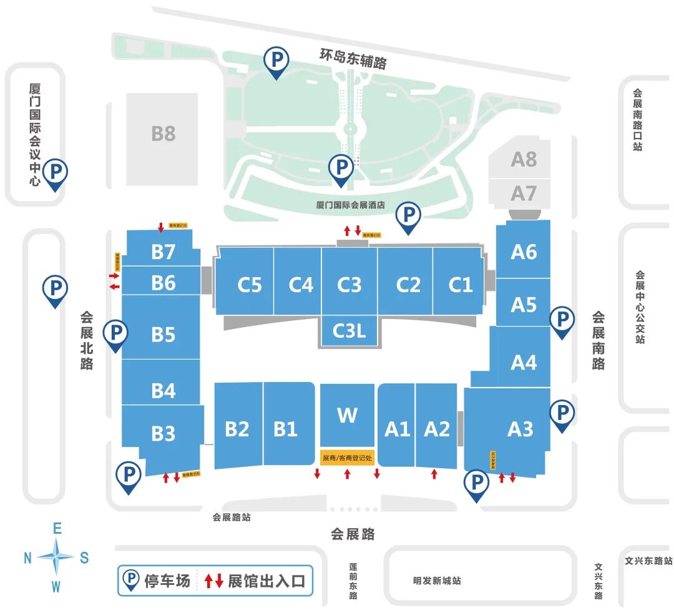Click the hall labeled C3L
pos(349,330)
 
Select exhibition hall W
pos(347,415)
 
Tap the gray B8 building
pos(163,134)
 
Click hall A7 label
pos(524,194)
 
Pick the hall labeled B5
pos(163,335)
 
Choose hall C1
pos(461,285)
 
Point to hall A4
pos(523,362)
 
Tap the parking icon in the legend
pos(131,581)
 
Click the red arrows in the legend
pos(214,581)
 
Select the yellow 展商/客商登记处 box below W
pos(347,458)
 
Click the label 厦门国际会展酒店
pos(350,204)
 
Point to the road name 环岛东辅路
pos(353,59)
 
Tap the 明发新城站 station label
pos(437,581)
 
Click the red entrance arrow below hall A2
pos(434,474)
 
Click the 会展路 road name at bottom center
pos(353,534)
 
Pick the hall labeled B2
pos(237,429)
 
